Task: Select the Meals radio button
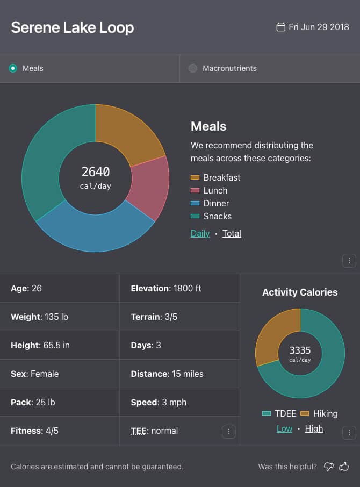[13, 68]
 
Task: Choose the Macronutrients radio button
[193, 68]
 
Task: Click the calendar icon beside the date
[280, 27]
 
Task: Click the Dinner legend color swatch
[195, 203]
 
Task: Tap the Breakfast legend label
[222, 177]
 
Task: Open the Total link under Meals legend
[232, 233]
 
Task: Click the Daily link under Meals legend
[200, 233]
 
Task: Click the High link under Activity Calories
[314, 428]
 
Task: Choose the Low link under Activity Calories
[285, 428]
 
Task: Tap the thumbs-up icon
[344, 467]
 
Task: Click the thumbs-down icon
[329, 467]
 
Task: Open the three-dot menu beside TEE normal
[229, 431]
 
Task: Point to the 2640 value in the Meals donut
[96, 172]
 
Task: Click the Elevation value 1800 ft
[186, 288]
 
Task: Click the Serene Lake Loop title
[73, 27]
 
